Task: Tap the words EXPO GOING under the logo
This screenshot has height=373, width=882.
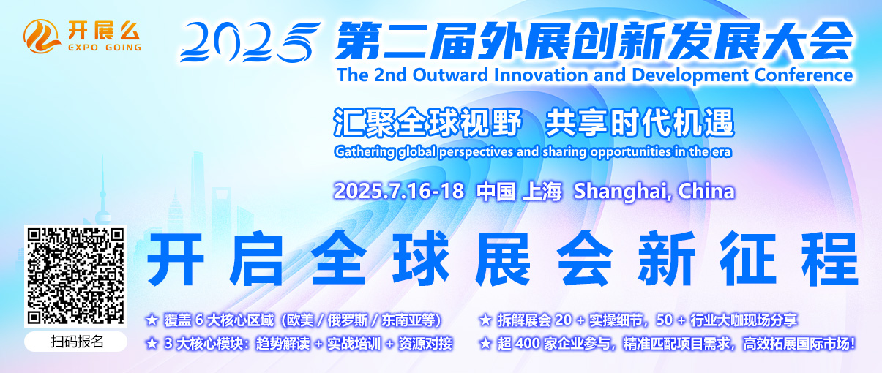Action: [105, 48]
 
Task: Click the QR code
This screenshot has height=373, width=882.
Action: [75, 276]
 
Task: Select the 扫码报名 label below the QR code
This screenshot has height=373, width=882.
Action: [77, 342]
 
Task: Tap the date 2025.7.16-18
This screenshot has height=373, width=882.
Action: [398, 191]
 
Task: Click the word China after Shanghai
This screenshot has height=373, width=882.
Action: [706, 191]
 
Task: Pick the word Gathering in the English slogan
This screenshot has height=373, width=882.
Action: [365, 152]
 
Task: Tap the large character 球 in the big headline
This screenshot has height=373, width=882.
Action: [422, 258]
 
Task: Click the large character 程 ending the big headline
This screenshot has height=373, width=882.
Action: [829, 258]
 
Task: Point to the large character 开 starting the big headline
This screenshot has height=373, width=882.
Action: [175, 259]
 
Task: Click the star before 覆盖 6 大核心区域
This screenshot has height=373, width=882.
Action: [152, 320]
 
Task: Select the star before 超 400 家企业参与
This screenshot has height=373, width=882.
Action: [485, 344]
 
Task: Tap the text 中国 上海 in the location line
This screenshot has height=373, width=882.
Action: [518, 192]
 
